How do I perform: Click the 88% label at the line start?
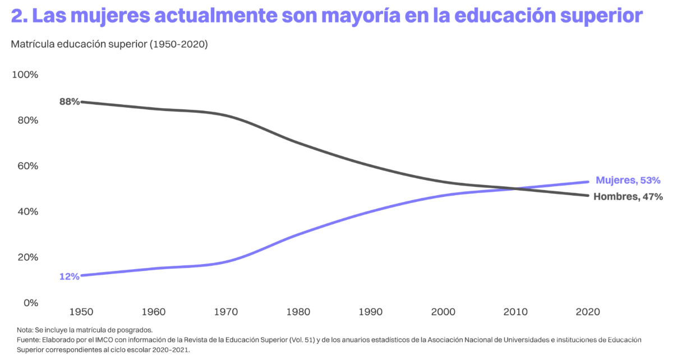tap(70, 101)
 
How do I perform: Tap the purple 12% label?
tap(69, 276)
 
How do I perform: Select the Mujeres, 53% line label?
tap(628, 180)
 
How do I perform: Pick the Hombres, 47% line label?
tap(628, 196)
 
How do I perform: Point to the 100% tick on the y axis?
tap(25, 75)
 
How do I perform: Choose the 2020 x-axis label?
tap(587, 311)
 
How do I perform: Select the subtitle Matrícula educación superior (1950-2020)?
tap(109, 44)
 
